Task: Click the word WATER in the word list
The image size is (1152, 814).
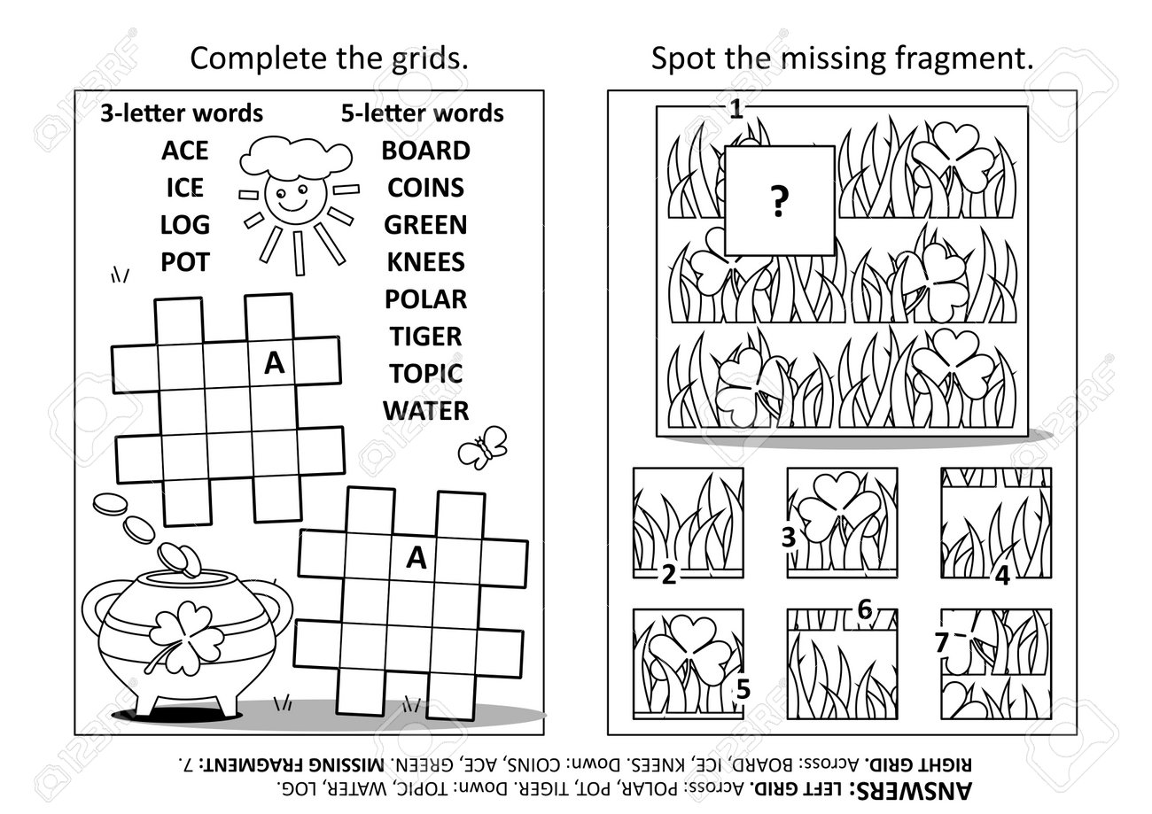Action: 425,411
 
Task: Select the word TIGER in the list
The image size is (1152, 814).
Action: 425,337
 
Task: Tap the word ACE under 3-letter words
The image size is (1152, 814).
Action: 184,151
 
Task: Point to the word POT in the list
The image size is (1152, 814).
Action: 184,262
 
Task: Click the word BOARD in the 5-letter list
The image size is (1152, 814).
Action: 425,151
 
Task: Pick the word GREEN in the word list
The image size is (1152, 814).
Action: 425,225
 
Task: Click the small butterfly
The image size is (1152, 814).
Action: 482,447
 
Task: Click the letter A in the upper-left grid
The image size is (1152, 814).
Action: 274,363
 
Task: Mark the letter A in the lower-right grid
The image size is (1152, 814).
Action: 416,557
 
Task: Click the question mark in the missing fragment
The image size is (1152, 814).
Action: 779,203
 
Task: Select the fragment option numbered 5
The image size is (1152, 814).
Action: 688,660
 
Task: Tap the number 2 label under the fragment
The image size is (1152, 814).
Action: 669,576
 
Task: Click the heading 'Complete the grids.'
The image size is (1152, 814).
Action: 330,59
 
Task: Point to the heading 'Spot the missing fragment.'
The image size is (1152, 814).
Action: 842,59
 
